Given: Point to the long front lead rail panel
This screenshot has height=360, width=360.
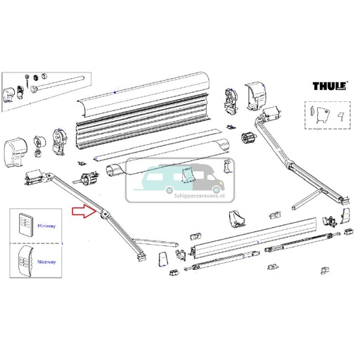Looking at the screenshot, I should click(253, 240).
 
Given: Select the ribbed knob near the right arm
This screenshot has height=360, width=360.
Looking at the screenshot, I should click(247, 139).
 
